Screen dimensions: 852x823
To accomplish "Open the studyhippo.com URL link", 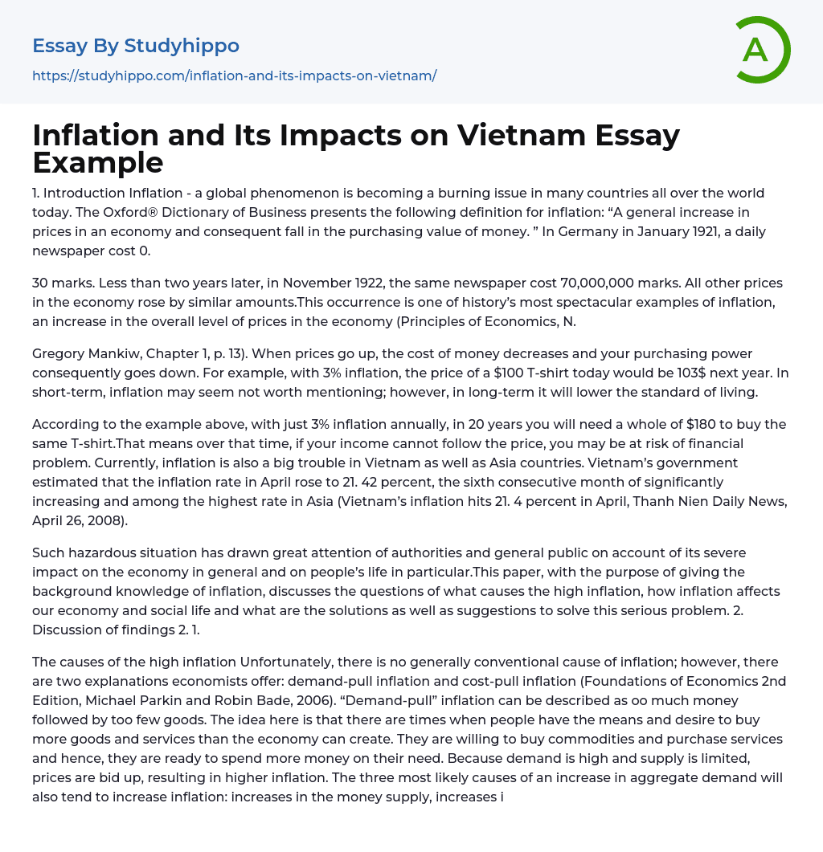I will (234, 76).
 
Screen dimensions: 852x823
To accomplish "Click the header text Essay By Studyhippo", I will (136, 46).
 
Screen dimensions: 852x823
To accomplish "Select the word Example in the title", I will (98, 162).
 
